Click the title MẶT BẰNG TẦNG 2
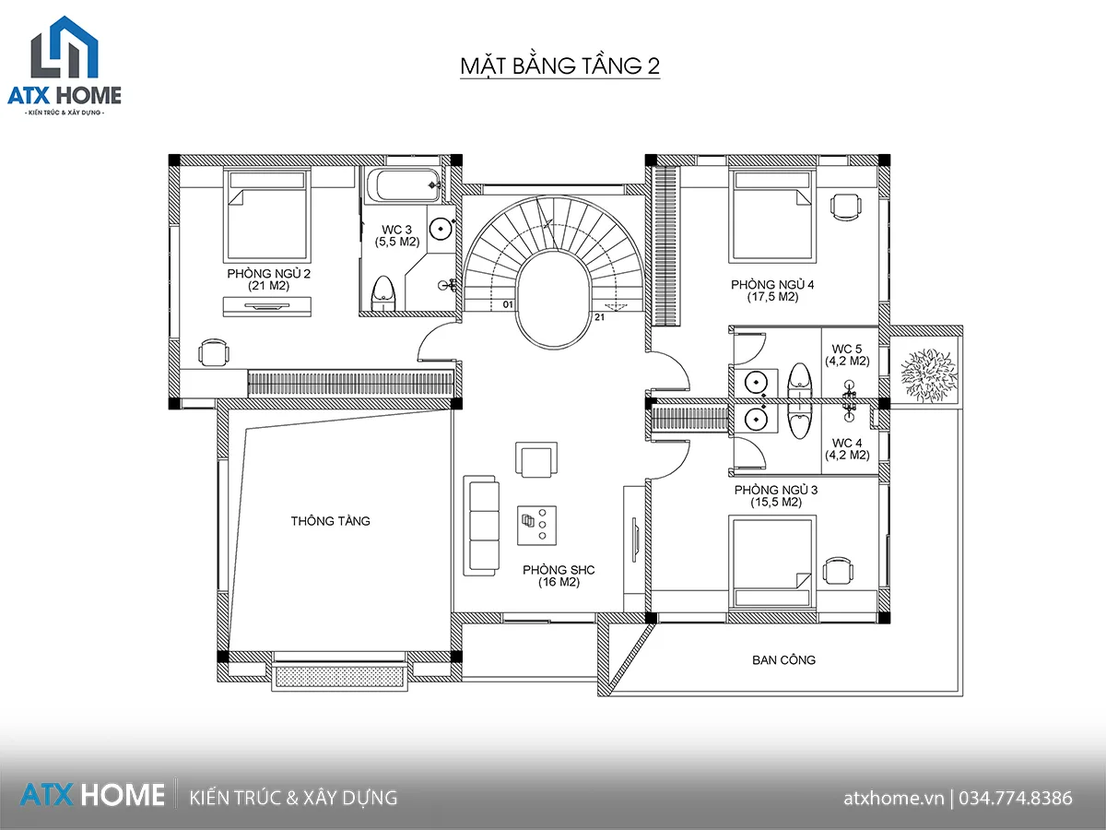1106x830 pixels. pyautogui.click(x=559, y=66)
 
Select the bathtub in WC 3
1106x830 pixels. pyautogui.click(x=404, y=186)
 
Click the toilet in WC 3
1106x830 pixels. pyautogui.click(x=383, y=292)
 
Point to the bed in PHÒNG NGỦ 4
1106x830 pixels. pyautogui.click(x=772, y=216)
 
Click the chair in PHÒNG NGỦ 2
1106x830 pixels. pyautogui.click(x=214, y=352)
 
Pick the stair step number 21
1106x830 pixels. pyautogui.click(x=600, y=317)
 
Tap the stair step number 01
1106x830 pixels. pyautogui.click(x=508, y=304)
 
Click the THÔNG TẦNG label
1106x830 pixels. pyautogui.click(x=331, y=520)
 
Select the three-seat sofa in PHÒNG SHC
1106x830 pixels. pyautogui.click(x=482, y=525)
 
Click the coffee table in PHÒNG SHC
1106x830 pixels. pyautogui.click(x=536, y=526)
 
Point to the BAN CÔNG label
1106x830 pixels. pyautogui.click(x=783, y=659)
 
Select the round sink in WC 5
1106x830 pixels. pyautogui.click(x=756, y=382)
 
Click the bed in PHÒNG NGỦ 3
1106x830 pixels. pyautogui.click(x=772, y=562)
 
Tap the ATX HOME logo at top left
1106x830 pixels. pyautogui.click(x=65, y=65)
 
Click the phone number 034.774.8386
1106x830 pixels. pyautogui.click(x=1016, y=799)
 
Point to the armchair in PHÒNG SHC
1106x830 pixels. pyautogui.click(x=536, y=459)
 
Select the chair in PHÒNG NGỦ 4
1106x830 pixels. pyautogui.click(x=846, y=207)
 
